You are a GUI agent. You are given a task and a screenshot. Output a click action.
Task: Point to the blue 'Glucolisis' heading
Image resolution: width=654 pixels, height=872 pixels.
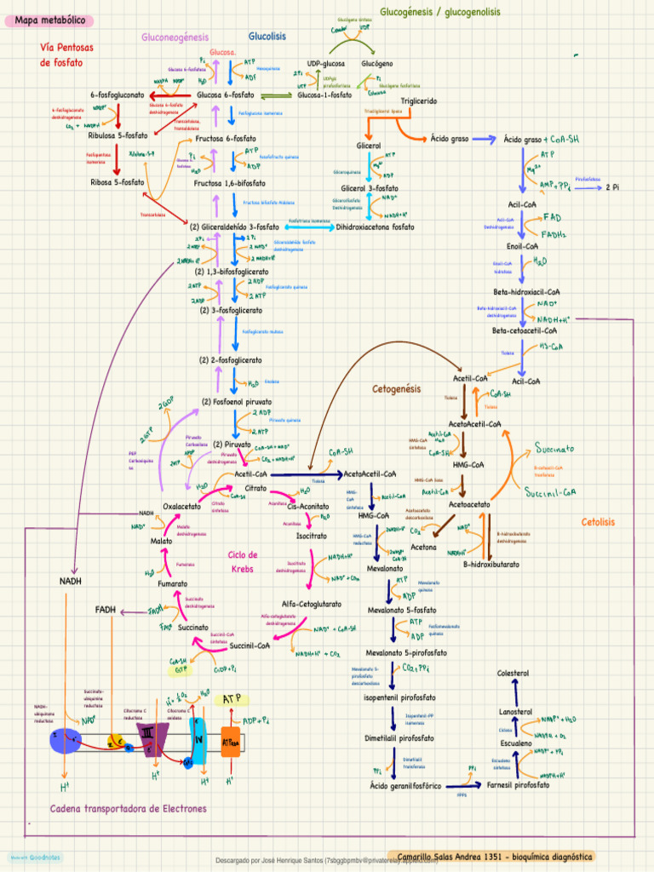point(267,37)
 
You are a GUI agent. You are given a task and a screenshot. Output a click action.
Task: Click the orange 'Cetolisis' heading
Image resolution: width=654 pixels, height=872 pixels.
point(598,521)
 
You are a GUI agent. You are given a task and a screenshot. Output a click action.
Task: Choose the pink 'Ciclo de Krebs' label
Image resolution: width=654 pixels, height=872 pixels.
point(243,561)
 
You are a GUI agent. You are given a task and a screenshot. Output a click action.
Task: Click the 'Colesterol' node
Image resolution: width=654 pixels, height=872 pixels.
point(513,674)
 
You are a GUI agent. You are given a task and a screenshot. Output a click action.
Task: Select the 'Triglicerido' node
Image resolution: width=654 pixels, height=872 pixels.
point(419,101)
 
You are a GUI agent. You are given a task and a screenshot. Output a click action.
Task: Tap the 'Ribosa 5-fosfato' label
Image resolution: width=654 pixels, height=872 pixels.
point(118,182)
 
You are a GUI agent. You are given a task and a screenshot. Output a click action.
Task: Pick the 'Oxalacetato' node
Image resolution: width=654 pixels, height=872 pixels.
point(181,507)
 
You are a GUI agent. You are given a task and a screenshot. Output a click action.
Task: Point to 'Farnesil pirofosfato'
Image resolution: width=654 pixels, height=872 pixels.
point(518,784)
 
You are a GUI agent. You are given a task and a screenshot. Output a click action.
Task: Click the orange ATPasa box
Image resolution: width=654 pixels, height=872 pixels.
point(231,743)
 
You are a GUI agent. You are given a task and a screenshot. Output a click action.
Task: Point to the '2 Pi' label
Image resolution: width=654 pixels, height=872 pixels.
point(612,186)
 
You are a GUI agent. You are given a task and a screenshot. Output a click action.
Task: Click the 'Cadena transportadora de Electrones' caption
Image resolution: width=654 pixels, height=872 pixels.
point(129,808)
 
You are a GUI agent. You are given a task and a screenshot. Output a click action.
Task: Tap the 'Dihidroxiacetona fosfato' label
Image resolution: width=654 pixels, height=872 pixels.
point(376,227)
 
